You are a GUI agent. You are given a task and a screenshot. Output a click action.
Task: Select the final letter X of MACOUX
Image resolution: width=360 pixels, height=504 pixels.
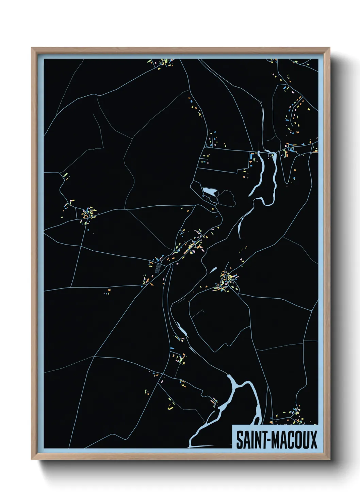tap(313, 440)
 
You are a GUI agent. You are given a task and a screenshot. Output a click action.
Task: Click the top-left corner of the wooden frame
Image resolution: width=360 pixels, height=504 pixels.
tap(32, 48)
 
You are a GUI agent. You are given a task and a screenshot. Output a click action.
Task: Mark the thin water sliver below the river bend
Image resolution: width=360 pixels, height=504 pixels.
tap(240, 226)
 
